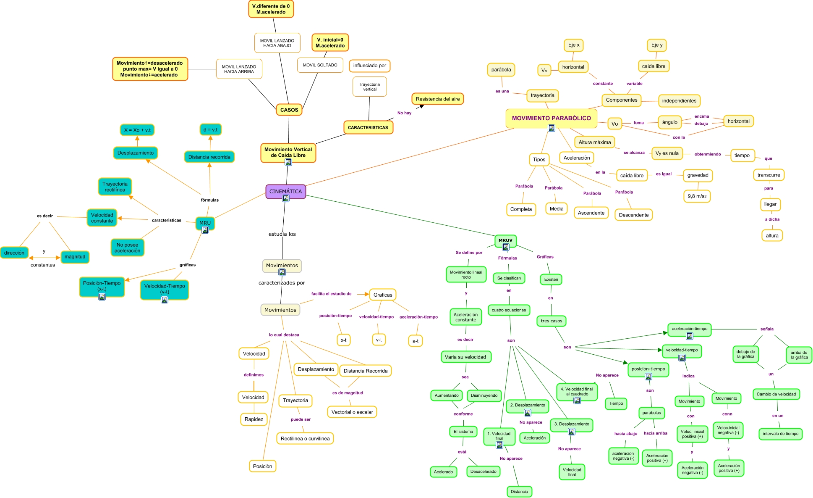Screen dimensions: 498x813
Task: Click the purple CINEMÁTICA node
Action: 285,191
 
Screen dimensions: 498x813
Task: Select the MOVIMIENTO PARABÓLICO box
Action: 551,118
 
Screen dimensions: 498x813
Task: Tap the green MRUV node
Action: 505,240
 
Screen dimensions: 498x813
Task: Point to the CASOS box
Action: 289,110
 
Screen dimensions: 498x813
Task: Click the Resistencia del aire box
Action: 437,99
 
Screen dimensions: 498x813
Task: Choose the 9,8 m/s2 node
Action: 697,196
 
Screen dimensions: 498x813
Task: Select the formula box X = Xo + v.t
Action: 137,130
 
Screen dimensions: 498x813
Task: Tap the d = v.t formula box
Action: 210,129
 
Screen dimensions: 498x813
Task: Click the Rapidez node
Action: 254,419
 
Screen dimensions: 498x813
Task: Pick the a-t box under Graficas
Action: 415,341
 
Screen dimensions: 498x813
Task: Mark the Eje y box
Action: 657,45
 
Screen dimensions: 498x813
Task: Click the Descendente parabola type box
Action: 633,215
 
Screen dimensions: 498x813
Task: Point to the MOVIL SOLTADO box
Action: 320,65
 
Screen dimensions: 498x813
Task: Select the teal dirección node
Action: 14,253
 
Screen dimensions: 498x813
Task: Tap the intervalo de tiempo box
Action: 780,434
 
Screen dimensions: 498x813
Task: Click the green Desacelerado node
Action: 483,472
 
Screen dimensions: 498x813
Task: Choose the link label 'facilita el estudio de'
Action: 331,294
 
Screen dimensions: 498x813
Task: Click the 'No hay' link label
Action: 404,113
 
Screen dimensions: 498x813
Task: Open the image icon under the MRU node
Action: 205,230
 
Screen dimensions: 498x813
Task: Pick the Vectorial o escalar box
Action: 352,412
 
